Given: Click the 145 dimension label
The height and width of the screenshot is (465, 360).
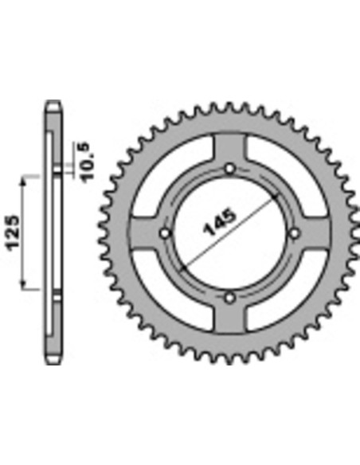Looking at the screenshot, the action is click(x=219, y=222).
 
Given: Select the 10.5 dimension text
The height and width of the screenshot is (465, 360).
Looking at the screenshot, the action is click(x=88, y=161).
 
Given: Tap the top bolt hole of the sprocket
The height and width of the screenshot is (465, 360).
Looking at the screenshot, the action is click(x=230, y=169).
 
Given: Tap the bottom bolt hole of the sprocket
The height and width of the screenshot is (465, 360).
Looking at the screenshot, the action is click(x=230, y=298).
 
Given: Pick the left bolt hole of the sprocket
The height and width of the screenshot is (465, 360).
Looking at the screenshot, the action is click(x=166, y=233).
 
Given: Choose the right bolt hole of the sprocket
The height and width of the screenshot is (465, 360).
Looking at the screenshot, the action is click(x=294, y=233).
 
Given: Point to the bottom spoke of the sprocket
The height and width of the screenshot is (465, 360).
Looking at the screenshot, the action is click(x=230, y=318).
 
